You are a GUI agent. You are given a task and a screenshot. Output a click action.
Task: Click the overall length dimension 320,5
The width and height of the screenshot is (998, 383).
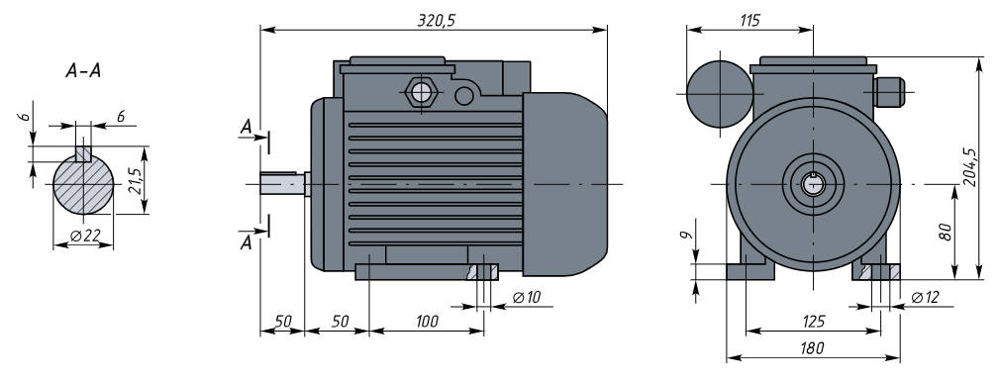tap(436, 21)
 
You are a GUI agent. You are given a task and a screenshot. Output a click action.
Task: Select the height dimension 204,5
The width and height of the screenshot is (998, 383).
tap(969, 166)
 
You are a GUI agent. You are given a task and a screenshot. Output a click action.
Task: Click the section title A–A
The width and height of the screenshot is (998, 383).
tap(83, 70)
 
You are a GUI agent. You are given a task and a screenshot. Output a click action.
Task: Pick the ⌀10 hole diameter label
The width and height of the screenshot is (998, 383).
tap(526, 297)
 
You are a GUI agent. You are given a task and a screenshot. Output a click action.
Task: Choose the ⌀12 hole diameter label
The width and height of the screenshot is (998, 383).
tap(925, 297)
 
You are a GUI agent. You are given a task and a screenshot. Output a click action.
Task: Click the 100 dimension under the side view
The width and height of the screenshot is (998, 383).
tap(427, 322)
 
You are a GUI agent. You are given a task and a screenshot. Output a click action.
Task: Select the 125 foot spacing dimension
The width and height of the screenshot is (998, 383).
tap(814, 322)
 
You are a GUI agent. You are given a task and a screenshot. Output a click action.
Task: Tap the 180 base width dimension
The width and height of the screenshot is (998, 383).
tap(813, 348)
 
